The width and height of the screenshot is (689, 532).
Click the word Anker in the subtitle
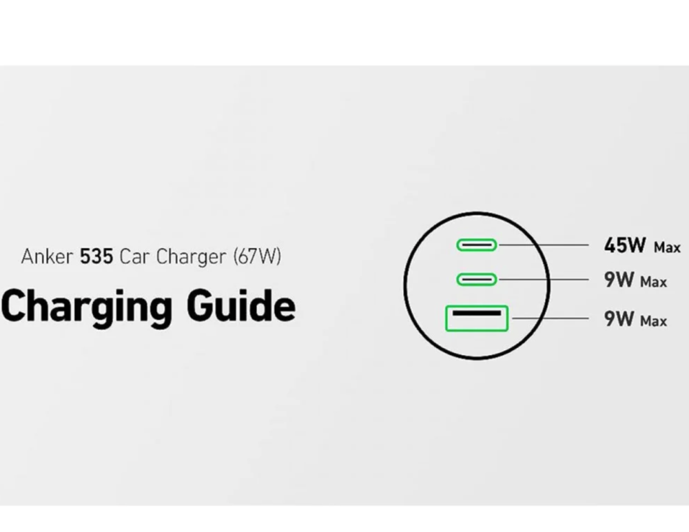coord(48,257)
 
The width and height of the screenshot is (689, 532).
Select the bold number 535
coord(96,257)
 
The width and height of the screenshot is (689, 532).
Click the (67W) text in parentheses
coord(257,257)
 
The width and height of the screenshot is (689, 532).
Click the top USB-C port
coord(476,245)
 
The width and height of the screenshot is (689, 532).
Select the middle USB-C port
coord(476,279)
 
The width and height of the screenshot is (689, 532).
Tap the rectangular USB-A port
coord(477,318)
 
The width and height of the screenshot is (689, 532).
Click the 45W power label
coord(625,245)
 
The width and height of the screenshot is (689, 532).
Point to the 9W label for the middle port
coord(618,280)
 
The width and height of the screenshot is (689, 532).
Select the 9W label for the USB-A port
coord(618,319)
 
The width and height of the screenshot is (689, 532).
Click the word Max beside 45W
coord(667,247)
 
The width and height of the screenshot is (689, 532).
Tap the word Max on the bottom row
coord(653,321)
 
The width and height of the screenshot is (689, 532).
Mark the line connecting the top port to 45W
coord(544,245)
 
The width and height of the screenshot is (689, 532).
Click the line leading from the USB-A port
coord(551,318)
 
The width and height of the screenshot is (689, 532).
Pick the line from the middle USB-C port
coord(544,279)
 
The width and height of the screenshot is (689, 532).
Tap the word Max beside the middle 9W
coord(653,282)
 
